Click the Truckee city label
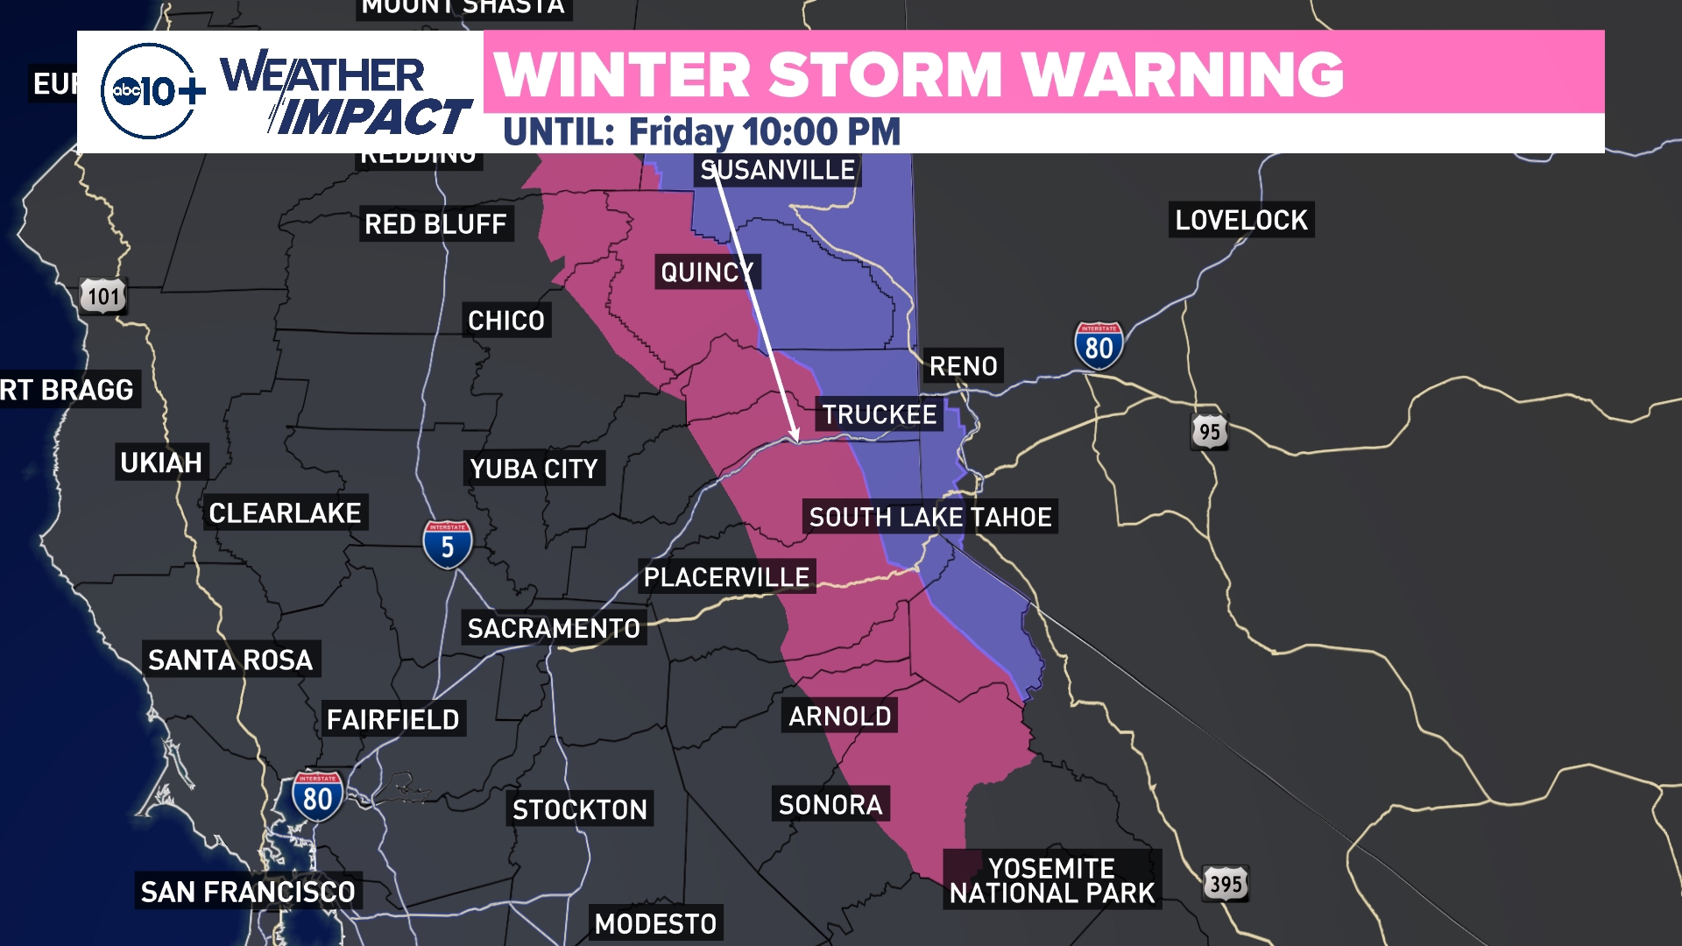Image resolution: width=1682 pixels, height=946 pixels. click(x=879, y=414)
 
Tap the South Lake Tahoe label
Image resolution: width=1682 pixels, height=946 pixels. click(x=930, y=517)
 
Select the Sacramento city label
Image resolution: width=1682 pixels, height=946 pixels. click(x=554, y=628)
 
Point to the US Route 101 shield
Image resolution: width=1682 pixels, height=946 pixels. click(x=103, y=296)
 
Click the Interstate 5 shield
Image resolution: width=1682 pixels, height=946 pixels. click(x=448, y=545)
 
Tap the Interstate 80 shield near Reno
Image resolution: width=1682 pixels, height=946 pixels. click(x=1099, y=346)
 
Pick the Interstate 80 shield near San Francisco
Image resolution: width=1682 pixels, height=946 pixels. click(x=317, y=796)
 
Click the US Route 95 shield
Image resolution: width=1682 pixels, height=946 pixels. click(x=1210, y=431)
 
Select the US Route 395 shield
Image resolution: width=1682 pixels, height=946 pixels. click(x=1226, y=884)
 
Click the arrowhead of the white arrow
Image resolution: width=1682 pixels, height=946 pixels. click(x=795, y=436)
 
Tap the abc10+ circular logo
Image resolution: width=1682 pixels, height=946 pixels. click(x=149, y=91)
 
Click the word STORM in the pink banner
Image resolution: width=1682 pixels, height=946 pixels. click(x=885, y=74)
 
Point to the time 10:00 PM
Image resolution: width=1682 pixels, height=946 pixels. click(x=822, y=132)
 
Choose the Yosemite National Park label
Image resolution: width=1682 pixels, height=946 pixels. click(x=1052, y=880)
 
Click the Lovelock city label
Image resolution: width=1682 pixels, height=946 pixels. click(x=1241, y=220)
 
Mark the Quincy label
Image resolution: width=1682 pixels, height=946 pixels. click(x=707, y=272)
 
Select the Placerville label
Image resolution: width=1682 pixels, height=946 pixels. click(x=726, y=577)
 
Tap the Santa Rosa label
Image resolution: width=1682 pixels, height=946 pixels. click(x=230, y=660)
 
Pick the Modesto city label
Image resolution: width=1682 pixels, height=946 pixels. click(x=655, y=923)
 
